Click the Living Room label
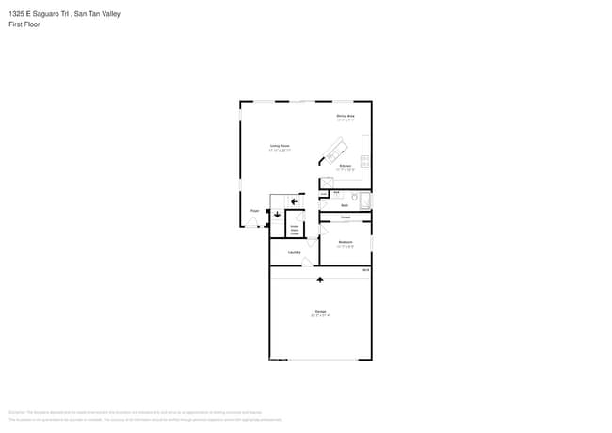(x=280, y=146)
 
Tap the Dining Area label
(x=346, y=116)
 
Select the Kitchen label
(x=346, y=166)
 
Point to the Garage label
(x=320, y=311)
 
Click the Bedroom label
(x=346, y=242)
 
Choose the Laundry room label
(x=294, y=252)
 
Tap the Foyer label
(x=254, y=211)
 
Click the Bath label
(x=345, y=204)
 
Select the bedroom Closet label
(x=346, y=217)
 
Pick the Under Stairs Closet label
(x=294, y=229)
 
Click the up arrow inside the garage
(x=320, y=280)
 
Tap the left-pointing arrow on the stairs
(x=294, y=200)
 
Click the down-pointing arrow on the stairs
(x=278, y=215)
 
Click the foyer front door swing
(x=252, y=223)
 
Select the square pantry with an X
(x=327, y=183)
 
